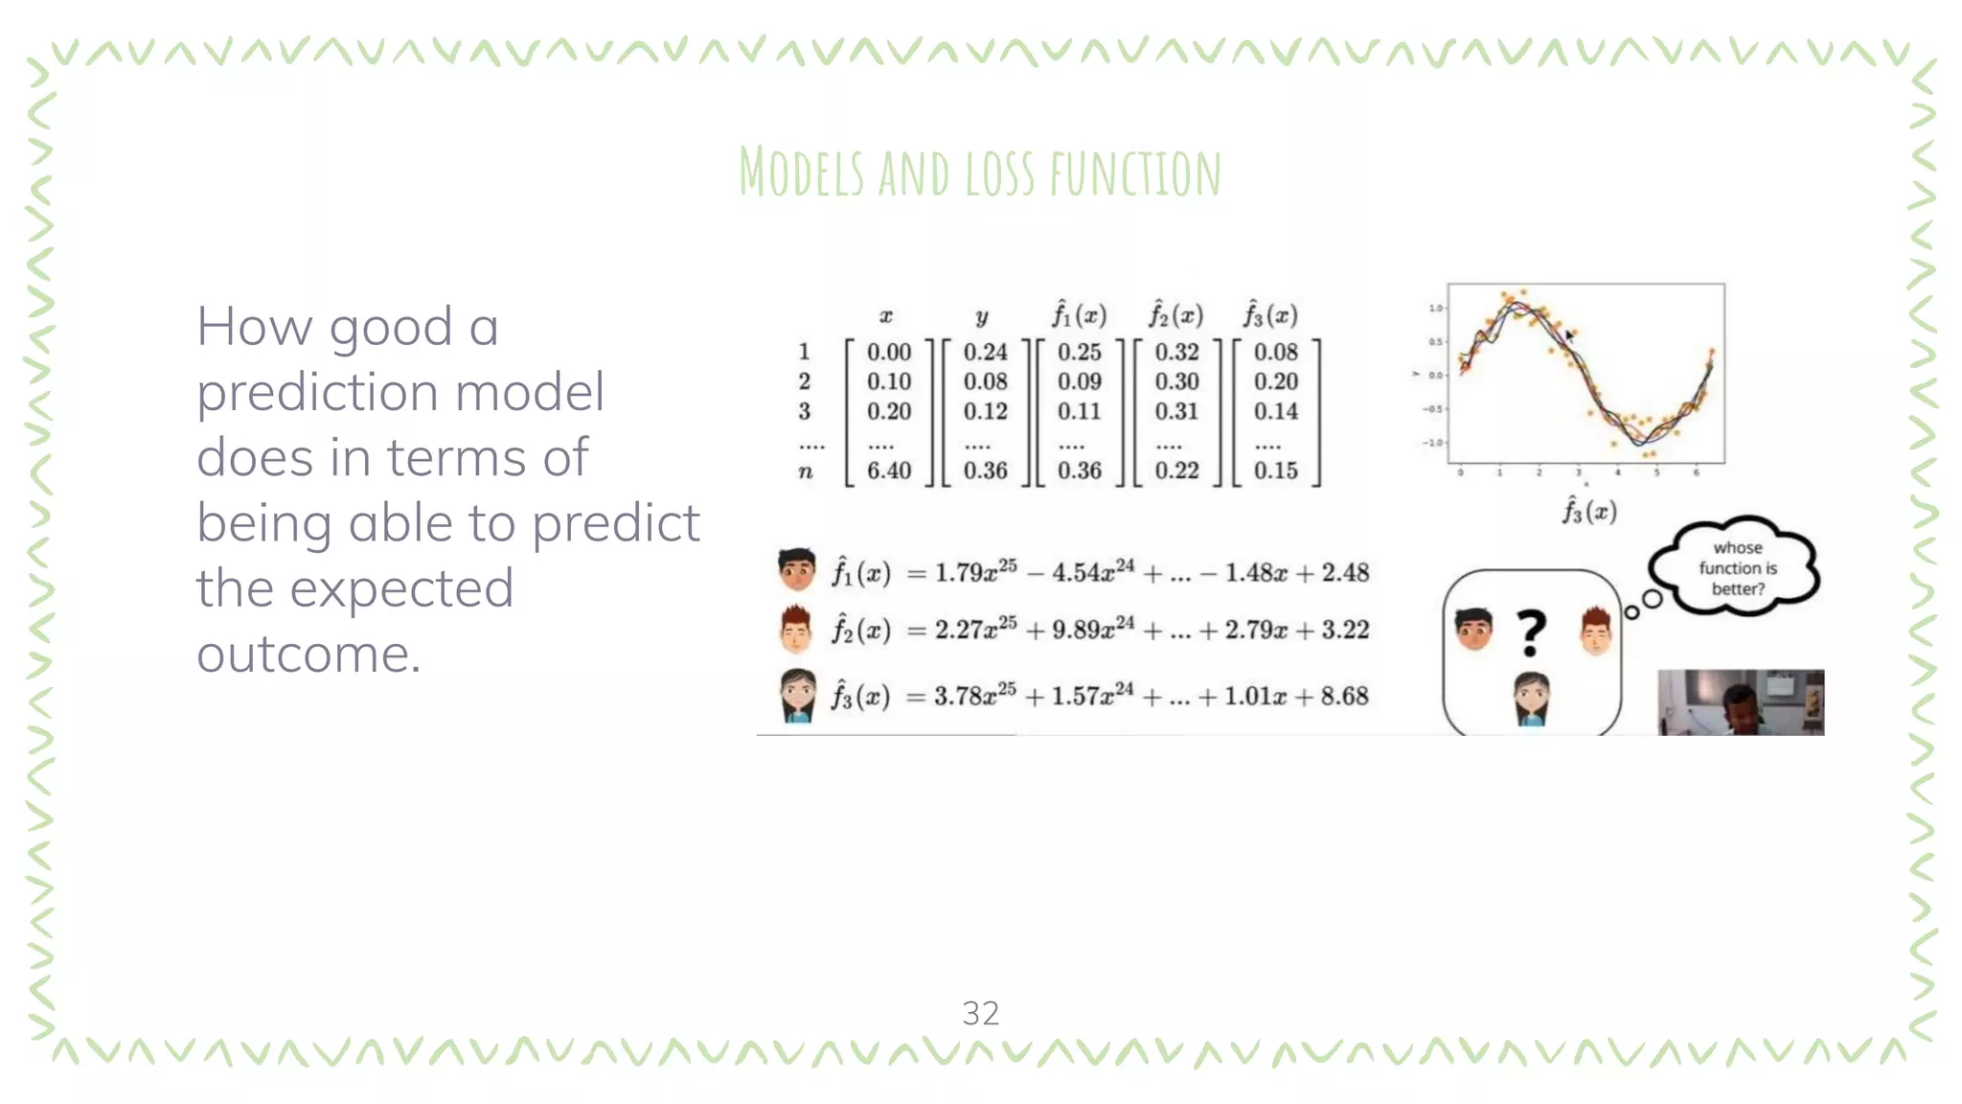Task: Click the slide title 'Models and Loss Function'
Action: pos(980,172)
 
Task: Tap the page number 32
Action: pos(980,1013)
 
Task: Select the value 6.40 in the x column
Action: pos(889,471)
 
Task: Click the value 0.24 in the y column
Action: pos(986,352)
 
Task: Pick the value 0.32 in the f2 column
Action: pos(1176,352)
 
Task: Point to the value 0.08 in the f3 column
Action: pos(1276,352)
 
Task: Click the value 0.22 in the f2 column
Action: pos(1176,471)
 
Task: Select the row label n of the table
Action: pos(806,471)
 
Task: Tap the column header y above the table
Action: pos(982,317)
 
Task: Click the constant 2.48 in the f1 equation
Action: pos(1345,573)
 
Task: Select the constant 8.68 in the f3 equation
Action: pos(1344,696)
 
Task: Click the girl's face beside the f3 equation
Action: pos(797,695)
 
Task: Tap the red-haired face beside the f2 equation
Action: pos(797,629)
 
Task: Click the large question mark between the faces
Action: pos(1531,633)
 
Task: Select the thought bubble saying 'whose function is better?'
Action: pos(1737,568)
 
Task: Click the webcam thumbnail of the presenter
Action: pos(1741,702)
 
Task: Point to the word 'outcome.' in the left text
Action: pos(308,655)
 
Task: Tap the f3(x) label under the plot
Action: pos(1589,511)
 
